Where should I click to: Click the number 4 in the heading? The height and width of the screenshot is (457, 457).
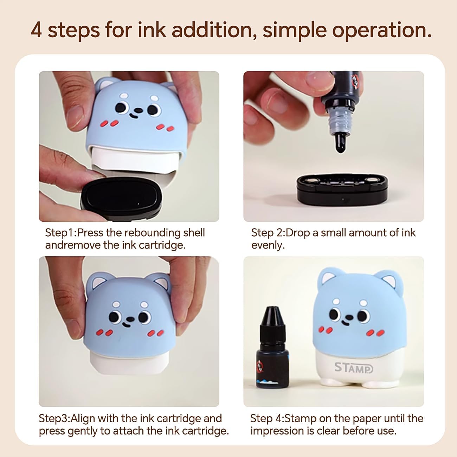click(37, 30)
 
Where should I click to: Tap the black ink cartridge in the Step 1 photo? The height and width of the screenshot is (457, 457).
click(121, 199)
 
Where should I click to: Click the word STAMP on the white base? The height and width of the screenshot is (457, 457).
click(354, 368)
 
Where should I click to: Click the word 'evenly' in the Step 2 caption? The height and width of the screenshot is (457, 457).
click(267, 245)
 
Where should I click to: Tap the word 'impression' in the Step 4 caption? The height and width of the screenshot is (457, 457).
click(277, 431)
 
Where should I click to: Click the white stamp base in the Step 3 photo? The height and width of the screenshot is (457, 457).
click(129, 364)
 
